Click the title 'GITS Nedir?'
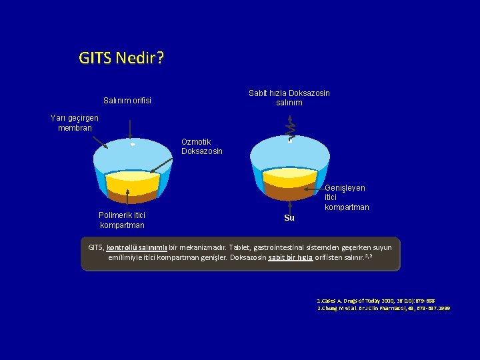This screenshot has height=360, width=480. point(121,58)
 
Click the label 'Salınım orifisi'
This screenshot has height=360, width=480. point(127,101)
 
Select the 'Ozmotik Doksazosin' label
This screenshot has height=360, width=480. point(201,147)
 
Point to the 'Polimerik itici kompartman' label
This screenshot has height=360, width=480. point(121,220)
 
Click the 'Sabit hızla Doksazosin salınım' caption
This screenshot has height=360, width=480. point(289,98)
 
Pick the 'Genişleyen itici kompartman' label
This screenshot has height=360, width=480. point(346,198)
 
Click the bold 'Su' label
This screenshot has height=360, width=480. point(289,218)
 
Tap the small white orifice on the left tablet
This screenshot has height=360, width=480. point(133,144)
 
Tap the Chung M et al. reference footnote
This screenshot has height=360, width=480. point(383,309)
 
